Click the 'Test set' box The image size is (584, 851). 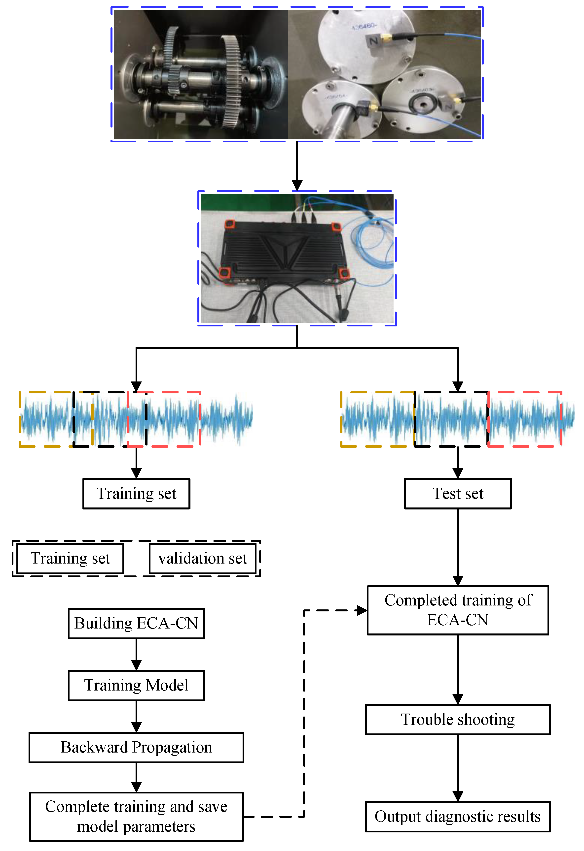click(458, 494)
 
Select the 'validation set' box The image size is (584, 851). click(202, 558)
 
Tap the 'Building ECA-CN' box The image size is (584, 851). click(136, 623)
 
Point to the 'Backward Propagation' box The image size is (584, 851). click(136, 747)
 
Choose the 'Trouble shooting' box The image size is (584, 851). click(458, 719)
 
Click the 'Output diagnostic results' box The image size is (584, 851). click(458, 816)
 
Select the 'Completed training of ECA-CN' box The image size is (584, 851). click(458, 610)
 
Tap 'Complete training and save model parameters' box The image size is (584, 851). click(136, 816)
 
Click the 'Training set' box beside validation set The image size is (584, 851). click(70, 558)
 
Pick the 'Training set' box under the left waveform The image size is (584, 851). click(136, 494)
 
